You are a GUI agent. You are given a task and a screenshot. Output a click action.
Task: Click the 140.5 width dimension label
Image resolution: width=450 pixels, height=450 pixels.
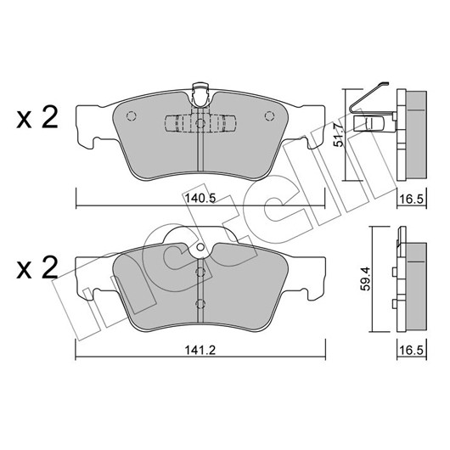coord(200,198)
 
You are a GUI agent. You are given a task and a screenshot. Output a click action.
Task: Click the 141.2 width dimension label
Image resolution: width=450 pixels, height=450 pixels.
coord(200,350)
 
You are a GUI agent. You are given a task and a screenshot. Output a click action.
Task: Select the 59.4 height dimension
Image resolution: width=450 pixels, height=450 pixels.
coord(365,278)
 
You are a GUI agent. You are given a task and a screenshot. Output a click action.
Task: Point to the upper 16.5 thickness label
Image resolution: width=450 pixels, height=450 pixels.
coord(412,199)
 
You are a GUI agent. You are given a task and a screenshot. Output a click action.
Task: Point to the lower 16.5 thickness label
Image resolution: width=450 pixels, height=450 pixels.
coord(412,351)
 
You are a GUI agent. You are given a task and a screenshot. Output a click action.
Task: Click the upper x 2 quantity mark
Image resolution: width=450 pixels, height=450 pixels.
coord(37,118)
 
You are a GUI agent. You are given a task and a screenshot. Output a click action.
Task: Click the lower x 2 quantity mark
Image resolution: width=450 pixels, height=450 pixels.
coord(37,268)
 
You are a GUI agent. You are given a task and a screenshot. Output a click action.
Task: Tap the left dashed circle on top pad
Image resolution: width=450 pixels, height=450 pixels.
coord(131,116)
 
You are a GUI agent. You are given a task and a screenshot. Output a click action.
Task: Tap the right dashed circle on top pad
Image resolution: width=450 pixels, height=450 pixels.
coord(269,116)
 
